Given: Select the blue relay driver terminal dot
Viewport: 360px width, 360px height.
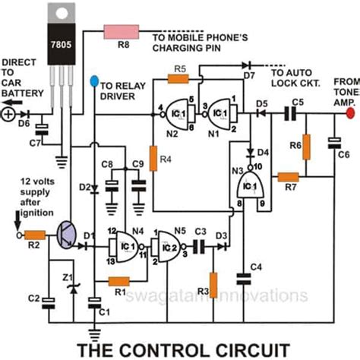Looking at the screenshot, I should [93, 79].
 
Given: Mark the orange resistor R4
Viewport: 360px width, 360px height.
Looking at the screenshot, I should [153, 159].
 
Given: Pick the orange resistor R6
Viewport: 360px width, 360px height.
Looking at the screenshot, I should [307, 147].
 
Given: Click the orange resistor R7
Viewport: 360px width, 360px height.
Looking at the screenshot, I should [287, 177].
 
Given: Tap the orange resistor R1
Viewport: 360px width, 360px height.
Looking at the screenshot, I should [119, 280].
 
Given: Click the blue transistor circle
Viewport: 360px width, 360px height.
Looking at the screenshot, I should [69, 237].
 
